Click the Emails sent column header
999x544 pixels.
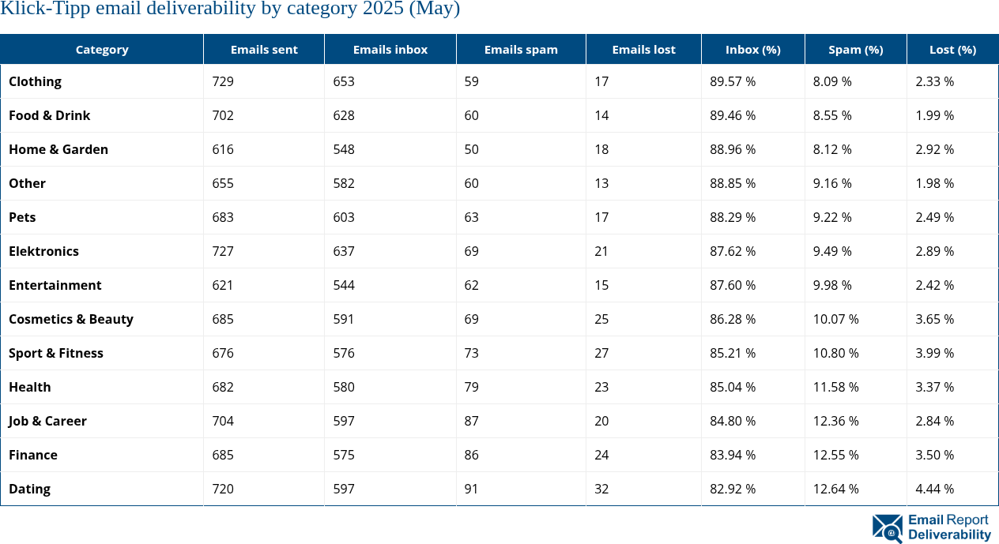(264, 49)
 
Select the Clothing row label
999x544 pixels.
(35, 81)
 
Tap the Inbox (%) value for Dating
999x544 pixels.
(733, 489)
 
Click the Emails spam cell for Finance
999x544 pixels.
(472, 455)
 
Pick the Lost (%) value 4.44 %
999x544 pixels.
(934, 489)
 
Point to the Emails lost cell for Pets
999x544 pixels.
(601, 217)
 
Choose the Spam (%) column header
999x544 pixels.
(855, 49)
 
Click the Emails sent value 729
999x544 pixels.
(223, 81)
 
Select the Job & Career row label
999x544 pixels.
(47, 421)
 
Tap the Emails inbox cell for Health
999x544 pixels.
(344, 387)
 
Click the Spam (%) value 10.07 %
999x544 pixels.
(835, 319)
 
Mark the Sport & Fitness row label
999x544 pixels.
(56, 353)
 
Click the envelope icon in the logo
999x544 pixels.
(887, 528)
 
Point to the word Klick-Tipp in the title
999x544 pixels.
(39, 9)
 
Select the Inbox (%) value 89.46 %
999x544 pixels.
(733, 115)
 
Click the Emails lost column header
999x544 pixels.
(643, 49)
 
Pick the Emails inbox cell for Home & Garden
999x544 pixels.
(344, 149)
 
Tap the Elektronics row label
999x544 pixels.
(43, 251)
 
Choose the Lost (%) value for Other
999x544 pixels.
(934, 183)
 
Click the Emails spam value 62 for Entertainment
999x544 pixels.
(472, 285)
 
